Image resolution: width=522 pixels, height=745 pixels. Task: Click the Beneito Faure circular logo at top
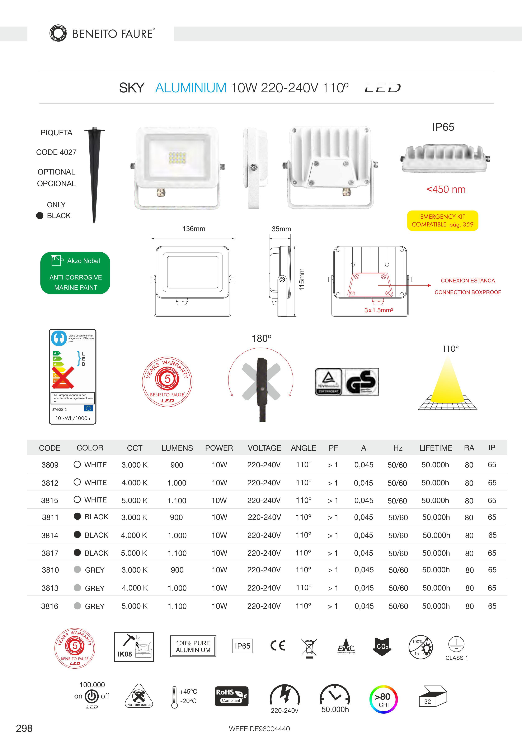[x=58, y=33]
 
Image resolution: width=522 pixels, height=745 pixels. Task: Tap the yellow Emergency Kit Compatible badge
[x=442, y=221]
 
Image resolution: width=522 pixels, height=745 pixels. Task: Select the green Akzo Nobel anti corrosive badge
[x=75, y=273]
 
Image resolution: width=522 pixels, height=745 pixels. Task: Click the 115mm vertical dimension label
[x=302, y=279]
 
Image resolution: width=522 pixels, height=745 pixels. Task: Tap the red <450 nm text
[x=446, y=190]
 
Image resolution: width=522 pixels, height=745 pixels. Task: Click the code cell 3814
[x=50, y=535]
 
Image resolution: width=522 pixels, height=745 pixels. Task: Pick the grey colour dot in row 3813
[x=77, y=588]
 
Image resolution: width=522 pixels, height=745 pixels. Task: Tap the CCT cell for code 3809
[x=134, y=465]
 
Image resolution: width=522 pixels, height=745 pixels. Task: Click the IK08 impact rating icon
[x=134, y=647]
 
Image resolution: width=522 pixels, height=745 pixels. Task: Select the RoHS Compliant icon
[x=231, y=696]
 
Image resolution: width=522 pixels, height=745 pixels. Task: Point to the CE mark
[x=278, y=646]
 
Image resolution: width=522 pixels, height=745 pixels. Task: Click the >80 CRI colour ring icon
[x=383, y=699]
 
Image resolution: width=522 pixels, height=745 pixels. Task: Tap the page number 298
[x=24, y=729]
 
